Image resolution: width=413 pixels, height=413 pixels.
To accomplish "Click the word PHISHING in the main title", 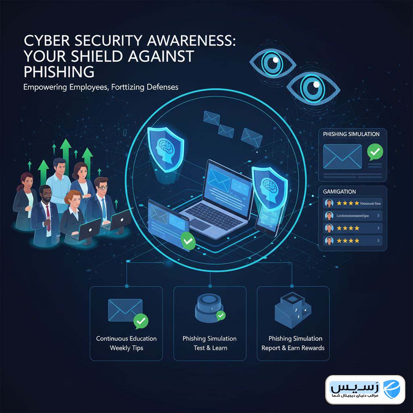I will (59, 71).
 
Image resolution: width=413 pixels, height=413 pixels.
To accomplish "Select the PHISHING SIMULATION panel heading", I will (351, 134).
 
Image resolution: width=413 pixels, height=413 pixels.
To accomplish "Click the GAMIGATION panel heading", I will (340, 192).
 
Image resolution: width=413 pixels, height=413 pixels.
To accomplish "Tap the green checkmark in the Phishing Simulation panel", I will (375, 152).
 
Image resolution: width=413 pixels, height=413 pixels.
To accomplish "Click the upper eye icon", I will (273, 62).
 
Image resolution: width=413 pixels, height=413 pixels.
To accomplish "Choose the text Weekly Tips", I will (126, 348).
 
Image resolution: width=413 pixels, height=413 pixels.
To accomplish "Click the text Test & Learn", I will (210, 348).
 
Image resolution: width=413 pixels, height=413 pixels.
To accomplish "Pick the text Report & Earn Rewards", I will (293, 348).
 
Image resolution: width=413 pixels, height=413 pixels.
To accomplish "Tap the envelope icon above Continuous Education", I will (125, 309).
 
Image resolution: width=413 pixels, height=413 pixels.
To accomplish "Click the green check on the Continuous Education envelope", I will (140, 321).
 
